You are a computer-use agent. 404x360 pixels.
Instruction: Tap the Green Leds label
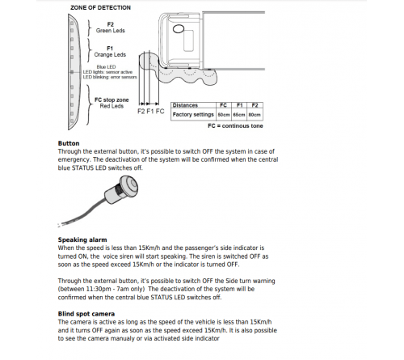[110, 32]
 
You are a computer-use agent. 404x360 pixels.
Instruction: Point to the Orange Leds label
[111, 55]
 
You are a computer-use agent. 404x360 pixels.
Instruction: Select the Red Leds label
[111, 104]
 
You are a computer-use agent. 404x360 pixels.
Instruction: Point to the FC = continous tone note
[234, 127]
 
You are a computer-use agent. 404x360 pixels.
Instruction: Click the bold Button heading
[69, 143]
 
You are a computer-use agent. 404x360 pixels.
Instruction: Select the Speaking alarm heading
[82, 239]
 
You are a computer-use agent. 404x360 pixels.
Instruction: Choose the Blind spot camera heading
[86, 312]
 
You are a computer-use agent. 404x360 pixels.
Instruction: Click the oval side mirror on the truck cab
[181, 30]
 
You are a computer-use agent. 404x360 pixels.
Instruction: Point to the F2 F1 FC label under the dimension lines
[151, 111]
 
